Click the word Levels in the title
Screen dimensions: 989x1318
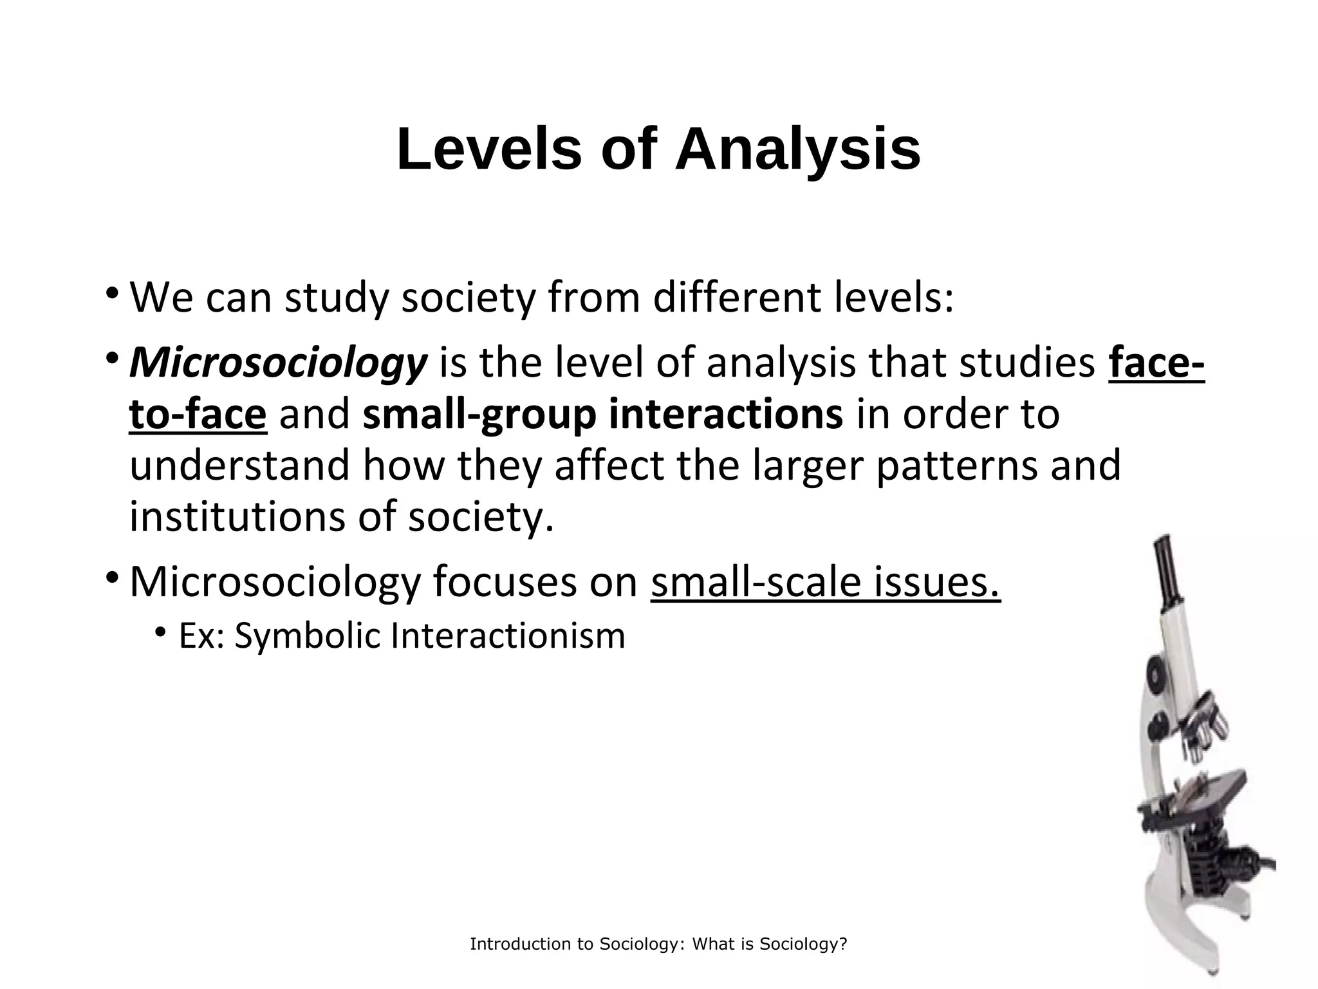pos(489,150)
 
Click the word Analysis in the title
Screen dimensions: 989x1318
pos(797,150)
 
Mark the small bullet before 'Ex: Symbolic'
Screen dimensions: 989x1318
pos(160,632)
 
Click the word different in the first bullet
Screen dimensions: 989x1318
pos(737,297)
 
